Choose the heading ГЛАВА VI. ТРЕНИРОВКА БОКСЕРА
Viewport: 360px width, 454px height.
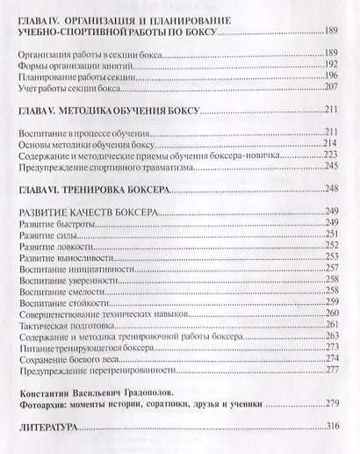tap(101, 188)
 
